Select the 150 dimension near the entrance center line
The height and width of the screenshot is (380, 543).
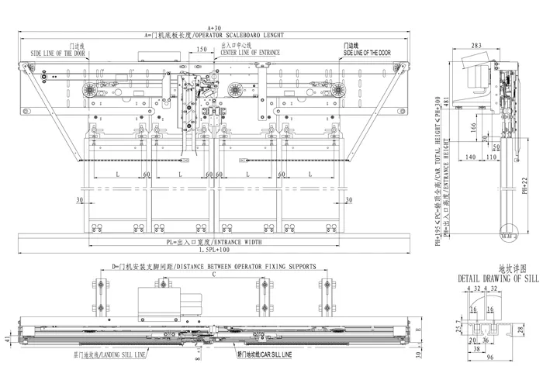coord(201,49)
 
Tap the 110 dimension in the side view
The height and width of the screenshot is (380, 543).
coord(490,157)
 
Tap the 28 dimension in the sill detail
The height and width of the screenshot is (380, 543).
coord(521,330)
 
